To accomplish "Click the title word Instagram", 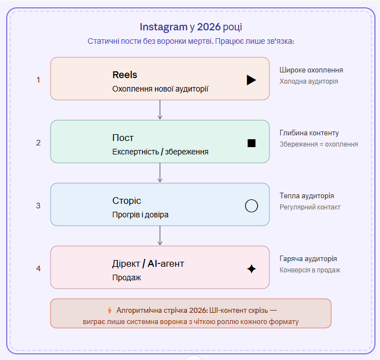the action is pos(163,27).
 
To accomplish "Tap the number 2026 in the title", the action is pos(209,27).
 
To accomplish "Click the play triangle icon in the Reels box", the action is pos(251,80).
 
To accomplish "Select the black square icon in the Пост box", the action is pos(251,143).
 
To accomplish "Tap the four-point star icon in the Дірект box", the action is pos(251,269).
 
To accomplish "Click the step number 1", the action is pos(38,80).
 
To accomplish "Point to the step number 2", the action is pos(38,143).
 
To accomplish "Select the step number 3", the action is pos(38,206).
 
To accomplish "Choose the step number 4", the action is pos(38,268).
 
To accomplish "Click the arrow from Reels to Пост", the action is pos(160,110).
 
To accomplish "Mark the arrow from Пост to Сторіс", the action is pos(160,172).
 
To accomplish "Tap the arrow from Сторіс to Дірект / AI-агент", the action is pos(160,236).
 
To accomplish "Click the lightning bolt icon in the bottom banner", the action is pos(109,311).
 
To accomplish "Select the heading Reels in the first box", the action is pos(125,75).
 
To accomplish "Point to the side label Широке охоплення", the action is pos(311,70).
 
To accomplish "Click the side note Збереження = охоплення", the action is pos(319,144).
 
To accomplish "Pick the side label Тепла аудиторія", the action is pos(307,196).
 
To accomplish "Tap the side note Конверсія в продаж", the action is pos(310,270).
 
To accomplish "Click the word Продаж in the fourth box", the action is pos(126,277).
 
